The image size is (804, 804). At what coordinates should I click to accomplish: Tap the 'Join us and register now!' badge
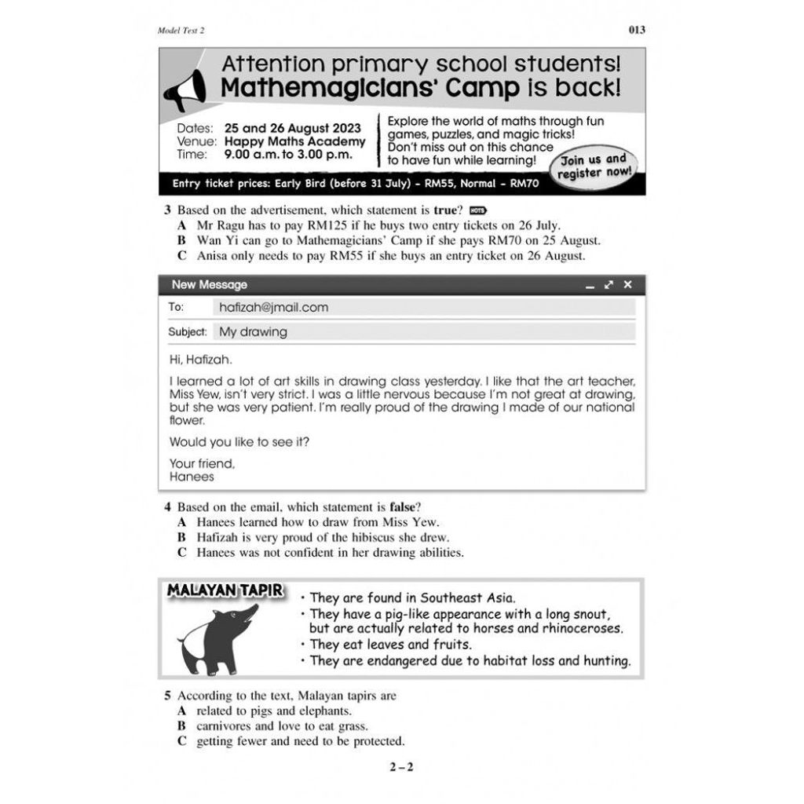(x=596, y=166)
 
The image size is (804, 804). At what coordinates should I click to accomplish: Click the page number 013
(x=637, y=31)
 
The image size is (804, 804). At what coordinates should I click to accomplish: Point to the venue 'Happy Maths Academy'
(x=294, y=141)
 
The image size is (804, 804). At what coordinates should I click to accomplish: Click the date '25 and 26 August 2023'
(x=292, y=128)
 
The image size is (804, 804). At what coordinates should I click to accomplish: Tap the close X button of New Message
(x=627, y=285)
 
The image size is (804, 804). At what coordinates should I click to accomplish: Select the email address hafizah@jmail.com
(x=273, y=308)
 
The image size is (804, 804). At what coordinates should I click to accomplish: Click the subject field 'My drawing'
(x=253, y=332)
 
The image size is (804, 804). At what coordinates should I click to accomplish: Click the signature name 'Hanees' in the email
(x=192, y=477)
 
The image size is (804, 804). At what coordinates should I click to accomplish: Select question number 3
(x=167, y=210)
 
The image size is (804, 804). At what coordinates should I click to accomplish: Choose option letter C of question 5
(x=181, y=741)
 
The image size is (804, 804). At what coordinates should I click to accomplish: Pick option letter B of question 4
(x=181, y=538)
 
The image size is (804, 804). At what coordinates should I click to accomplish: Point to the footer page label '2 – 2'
(x=401, y=767)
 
